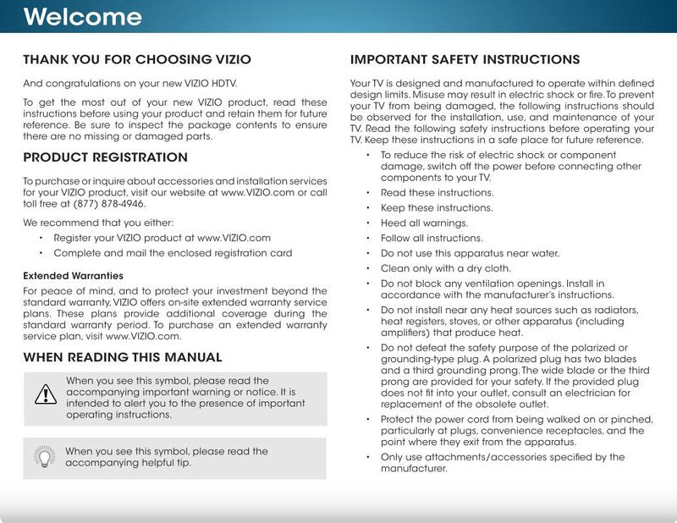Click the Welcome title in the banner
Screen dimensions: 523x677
[82, 17]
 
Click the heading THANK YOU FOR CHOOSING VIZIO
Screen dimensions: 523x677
[137, 60]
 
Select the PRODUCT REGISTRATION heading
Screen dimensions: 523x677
[105, 157]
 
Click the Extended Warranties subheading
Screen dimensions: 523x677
[73, 276]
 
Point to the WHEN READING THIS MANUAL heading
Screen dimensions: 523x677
[123, 357]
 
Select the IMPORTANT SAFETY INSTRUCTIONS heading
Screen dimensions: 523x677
[465, 60]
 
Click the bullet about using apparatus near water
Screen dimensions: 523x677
[470, 253]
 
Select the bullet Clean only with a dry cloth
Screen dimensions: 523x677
[446, 268]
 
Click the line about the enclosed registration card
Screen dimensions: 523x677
[173, 253]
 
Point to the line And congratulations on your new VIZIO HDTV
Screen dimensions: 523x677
[130, 84]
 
